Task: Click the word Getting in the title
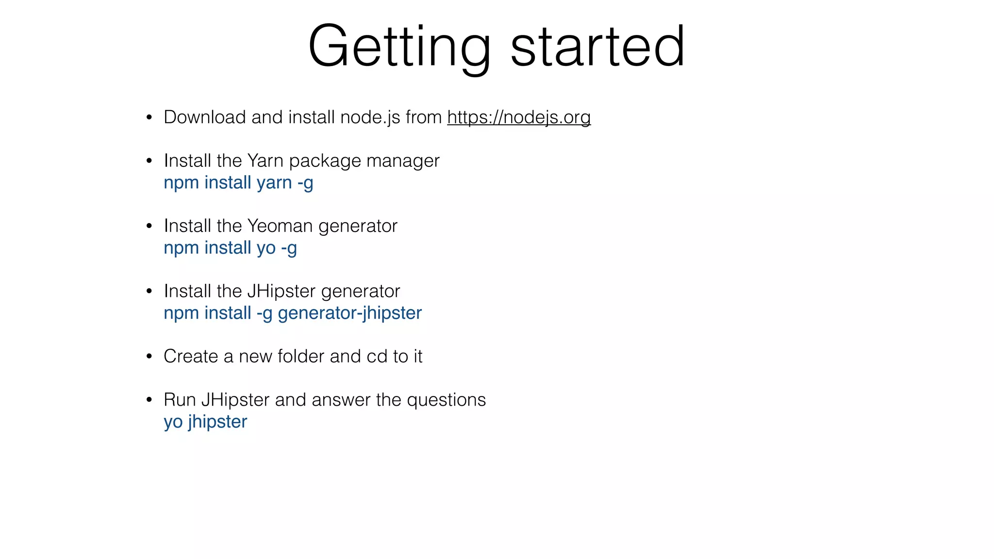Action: click(x=399, y=47)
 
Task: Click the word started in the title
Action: click(x=597, y=47)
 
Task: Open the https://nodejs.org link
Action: click(x=519, y=117)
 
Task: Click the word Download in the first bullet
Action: click(x=204, y=117)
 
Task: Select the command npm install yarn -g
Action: click(x=238, y=183)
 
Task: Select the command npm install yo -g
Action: click(x=230, y=248)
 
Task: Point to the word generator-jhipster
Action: click(x=349, y=313)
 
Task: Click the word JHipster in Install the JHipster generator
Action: click(x=282, y=291)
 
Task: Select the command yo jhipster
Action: click(x=205, y=422)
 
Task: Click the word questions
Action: click(x=446, y=400)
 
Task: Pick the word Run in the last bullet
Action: click(x=179, y=400)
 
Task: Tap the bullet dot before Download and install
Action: click(x=149, y=118)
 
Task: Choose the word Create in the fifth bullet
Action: click(x=191, y=357)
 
